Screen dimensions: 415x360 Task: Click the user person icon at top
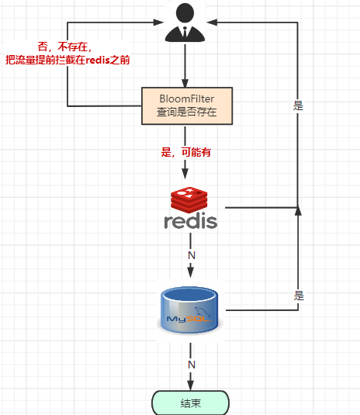(x=185, y=22)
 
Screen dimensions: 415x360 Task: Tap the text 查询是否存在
(x=186, y=113)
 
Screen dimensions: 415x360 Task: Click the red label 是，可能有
(x=185, y=153)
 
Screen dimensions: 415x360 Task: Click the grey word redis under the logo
(x=191, y=221)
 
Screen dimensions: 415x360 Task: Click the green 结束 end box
(x=190, y=403)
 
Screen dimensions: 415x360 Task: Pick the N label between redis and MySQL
(x=191, y=255)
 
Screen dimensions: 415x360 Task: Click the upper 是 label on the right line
(x=298, y=106)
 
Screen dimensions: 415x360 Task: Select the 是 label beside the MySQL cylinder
(x=298, y=296)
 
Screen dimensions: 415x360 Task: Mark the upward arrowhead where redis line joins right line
(x=298, y=209)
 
